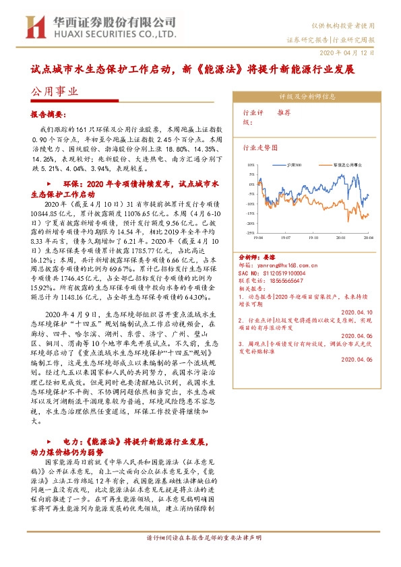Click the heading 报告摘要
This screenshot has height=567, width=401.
pyautogui.click(x=48, y=115)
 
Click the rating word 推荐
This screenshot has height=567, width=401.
pyautogui.click(x=284, y=113)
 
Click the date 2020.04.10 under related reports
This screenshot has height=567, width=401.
pyautogui.click(x=359, y=312)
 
